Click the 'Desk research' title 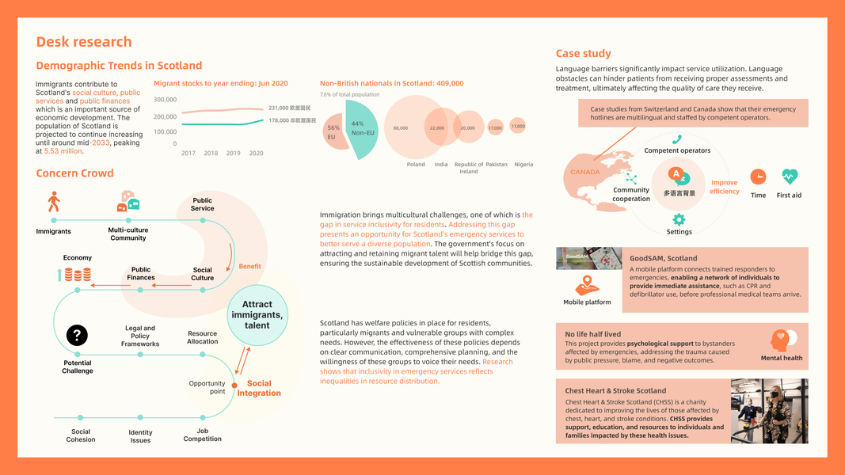point(84,42)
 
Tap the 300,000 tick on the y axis point(165,100)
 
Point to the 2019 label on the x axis point(233,153)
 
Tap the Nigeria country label point(523,165)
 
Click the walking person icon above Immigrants point(54,201)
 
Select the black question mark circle point(77,336)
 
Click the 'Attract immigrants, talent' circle point(257,315)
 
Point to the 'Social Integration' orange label point(259,388)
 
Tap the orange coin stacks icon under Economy point(77,275)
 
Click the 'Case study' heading point(583,54)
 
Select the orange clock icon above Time point(758,177)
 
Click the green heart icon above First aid point(789,177)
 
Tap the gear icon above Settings point(679,219)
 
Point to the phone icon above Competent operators point(677,139)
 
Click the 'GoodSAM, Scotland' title point(663,258)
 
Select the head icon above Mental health point(781,340)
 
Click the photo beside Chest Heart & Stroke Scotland point(769,410)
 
